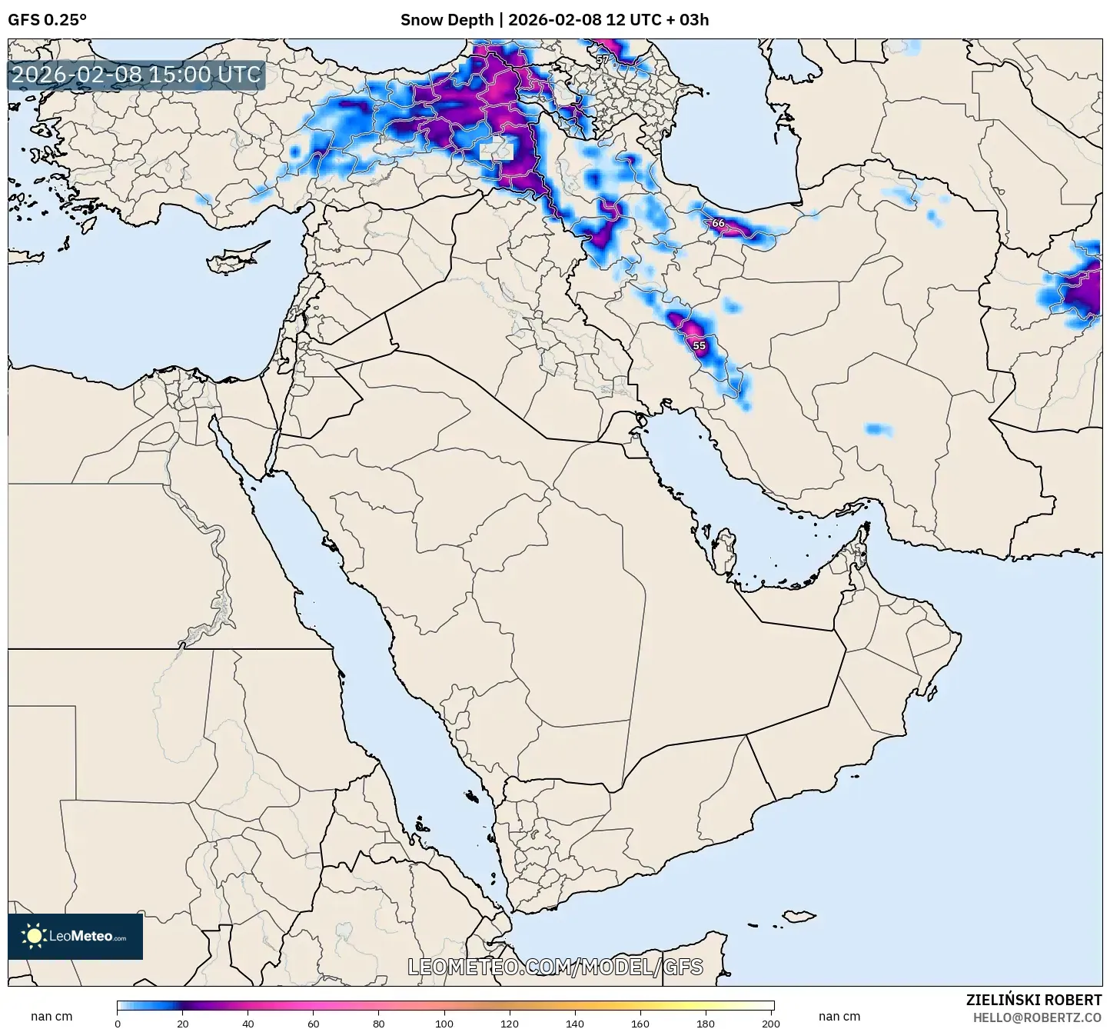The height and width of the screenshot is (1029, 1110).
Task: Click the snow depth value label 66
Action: [x=718, y=223]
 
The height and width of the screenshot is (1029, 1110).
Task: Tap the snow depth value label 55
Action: [x=699, y=346]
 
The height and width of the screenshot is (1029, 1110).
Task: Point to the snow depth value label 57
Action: [x=602, y=59]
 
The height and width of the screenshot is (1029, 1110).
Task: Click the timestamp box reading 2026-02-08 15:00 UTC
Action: [x=137, y=75]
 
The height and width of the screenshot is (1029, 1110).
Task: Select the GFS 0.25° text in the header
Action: [x=47, y=20]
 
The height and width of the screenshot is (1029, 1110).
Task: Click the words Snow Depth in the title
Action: [x=447, y=20]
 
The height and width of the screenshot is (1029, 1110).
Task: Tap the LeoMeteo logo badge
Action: [x=75, y=936]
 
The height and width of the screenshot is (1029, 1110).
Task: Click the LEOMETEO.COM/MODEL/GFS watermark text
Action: [x=555, y=967]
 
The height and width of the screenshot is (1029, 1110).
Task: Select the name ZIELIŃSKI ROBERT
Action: [x=1033, y=1000]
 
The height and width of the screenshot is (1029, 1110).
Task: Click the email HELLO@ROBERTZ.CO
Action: [x=1037, y=1017]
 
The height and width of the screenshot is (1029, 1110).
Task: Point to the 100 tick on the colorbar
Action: [x=444, y=1024]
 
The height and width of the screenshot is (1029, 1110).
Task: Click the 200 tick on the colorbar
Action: [x=771, y=1024]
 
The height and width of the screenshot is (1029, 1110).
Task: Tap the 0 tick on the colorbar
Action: [x=118, y=1024]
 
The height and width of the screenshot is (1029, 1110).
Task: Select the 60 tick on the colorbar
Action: [x=314, y=1024]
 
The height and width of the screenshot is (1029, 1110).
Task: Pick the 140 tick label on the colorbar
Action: [x=575, y=1024]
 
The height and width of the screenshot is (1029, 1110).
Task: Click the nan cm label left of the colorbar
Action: [x=52, y=1017]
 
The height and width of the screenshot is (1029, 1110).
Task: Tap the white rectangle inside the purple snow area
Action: [x=496, y=150]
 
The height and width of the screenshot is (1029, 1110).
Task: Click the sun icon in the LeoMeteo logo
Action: [x=35, y=936]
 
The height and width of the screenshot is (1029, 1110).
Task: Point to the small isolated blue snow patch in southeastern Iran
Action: [x=878, y=429]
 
